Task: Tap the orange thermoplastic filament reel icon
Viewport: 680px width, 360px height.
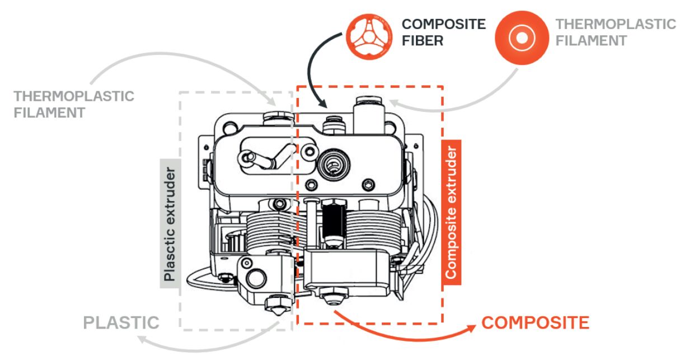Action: pyautogui.click(x=522, y=37)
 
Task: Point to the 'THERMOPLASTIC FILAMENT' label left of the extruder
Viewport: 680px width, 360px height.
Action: pyautogui.click(x=74, y=104)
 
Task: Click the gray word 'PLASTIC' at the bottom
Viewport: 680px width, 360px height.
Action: pyautogui.click(x=121, y=322)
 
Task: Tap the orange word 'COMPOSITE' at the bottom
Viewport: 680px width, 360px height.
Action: pyautogui.click(x=535, y=322)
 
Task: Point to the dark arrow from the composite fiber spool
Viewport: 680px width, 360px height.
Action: pyautogui.click(x=311, y=67)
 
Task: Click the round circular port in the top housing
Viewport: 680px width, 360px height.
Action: pyautogui.click(x=331, y=162)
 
